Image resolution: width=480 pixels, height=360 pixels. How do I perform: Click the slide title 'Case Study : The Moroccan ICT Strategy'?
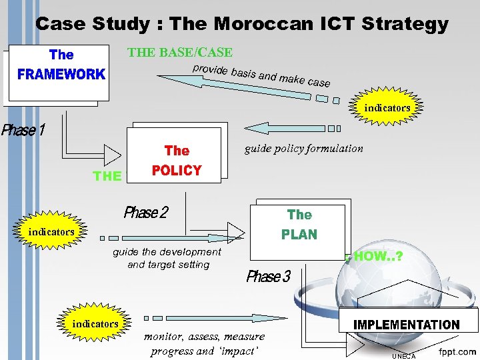point(241,24)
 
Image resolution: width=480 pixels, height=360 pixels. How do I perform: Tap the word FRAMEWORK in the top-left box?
point(61,74)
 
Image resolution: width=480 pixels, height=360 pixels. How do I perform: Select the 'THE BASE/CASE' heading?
point(180,52)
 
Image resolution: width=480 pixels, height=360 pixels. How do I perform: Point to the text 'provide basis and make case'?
point(261,76)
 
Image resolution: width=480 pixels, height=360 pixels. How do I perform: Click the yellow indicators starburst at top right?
point(387,107)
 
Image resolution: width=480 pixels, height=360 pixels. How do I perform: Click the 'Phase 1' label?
point(23,130)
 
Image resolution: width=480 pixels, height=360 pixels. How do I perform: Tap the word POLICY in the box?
point(177,171)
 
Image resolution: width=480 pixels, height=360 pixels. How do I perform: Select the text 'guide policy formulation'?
point(304,148)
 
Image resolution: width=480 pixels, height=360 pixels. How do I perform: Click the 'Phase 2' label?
point(146,213)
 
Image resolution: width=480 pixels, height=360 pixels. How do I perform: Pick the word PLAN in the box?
point(299,235)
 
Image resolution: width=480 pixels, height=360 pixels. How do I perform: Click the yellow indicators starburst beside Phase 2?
point(51,232)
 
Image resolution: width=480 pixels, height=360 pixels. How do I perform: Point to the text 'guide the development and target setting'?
point(167,258)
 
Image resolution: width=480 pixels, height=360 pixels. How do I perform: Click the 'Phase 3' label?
point(269,277)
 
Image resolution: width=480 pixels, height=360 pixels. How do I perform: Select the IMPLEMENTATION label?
point(406,325)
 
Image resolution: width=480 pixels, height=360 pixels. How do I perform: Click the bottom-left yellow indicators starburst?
point(95,323)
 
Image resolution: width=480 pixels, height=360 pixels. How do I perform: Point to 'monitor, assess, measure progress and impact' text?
point(205,343)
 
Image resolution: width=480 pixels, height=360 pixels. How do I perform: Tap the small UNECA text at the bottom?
point(403,356)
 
